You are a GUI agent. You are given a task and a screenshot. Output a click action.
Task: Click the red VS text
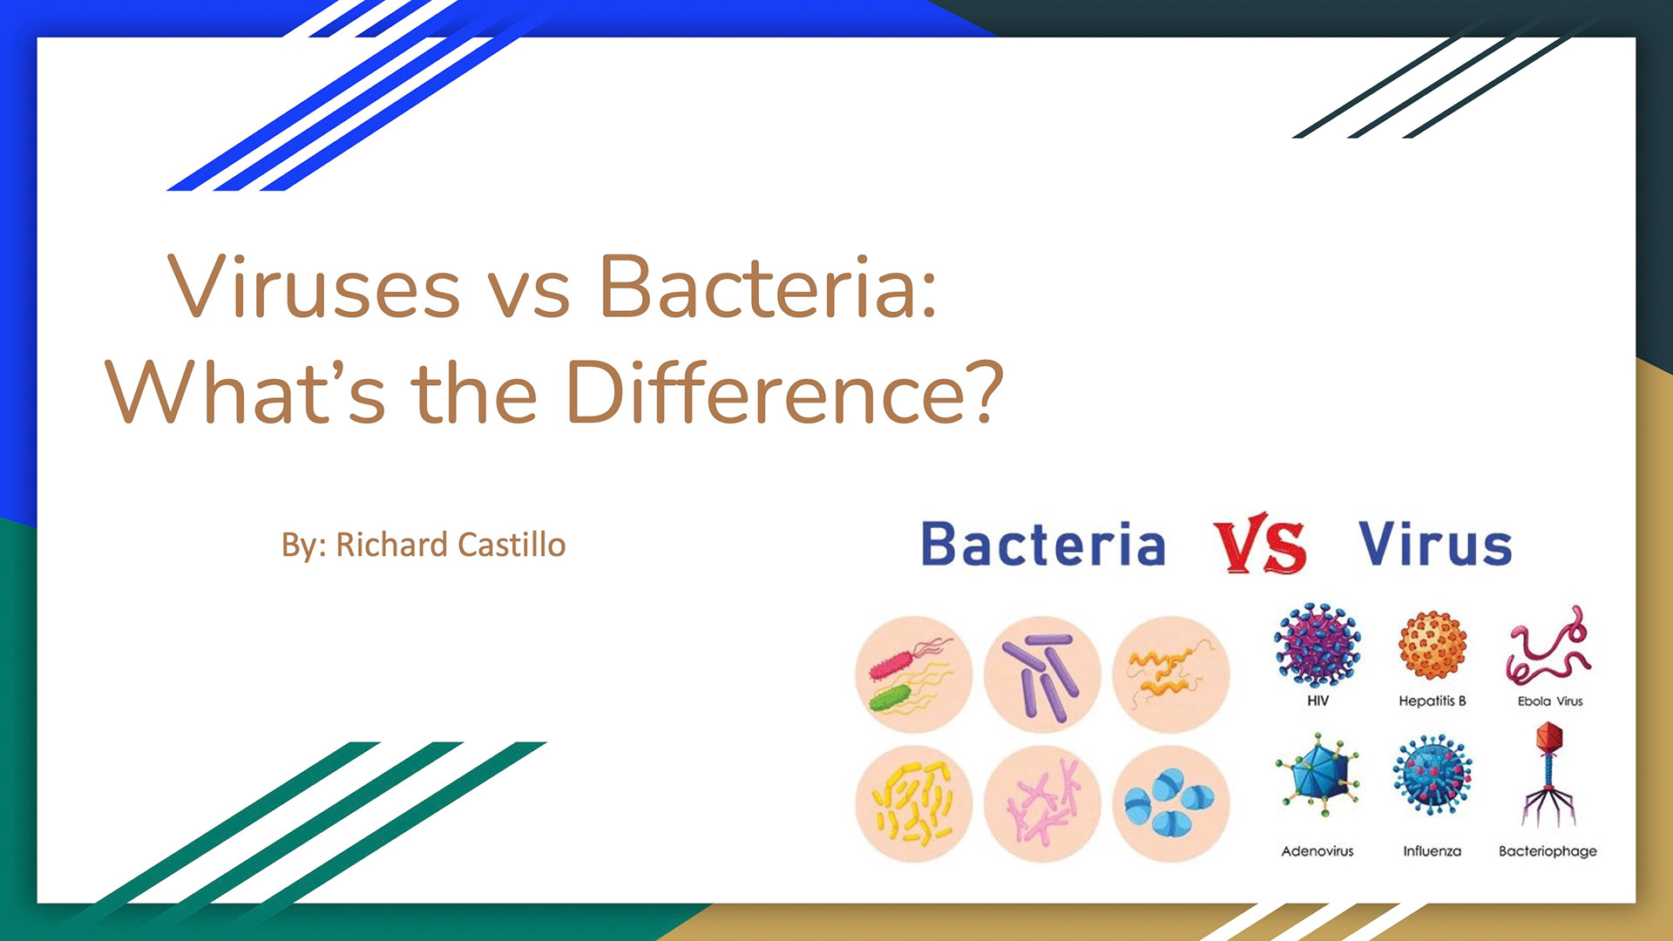pos(1260,544)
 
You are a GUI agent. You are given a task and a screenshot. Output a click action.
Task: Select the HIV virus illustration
pos(1317,645)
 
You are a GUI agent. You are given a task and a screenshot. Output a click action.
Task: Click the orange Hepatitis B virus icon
pos(1433,645)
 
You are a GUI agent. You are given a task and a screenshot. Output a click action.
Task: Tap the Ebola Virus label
pos(1550,701)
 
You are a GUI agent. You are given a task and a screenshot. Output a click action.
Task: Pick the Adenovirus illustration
pos(1317,774)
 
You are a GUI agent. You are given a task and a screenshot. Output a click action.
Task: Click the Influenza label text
pos(1432,851)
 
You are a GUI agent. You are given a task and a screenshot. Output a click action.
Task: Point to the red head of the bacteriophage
pos(1549,737)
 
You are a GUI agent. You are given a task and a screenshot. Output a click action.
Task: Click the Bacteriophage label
pos(1548,851)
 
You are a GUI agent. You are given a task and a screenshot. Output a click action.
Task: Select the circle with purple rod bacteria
pos(1042,675)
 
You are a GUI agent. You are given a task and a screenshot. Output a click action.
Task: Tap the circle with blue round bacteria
pos(1171,803)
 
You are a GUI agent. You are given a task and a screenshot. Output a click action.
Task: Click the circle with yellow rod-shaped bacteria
pos(914,803)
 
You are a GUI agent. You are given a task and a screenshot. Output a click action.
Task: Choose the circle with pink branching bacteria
pos(1042,803)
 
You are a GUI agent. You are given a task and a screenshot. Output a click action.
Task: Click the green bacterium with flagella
pos(890,697)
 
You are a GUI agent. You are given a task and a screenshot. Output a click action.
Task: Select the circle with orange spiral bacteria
pos(1171,675)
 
